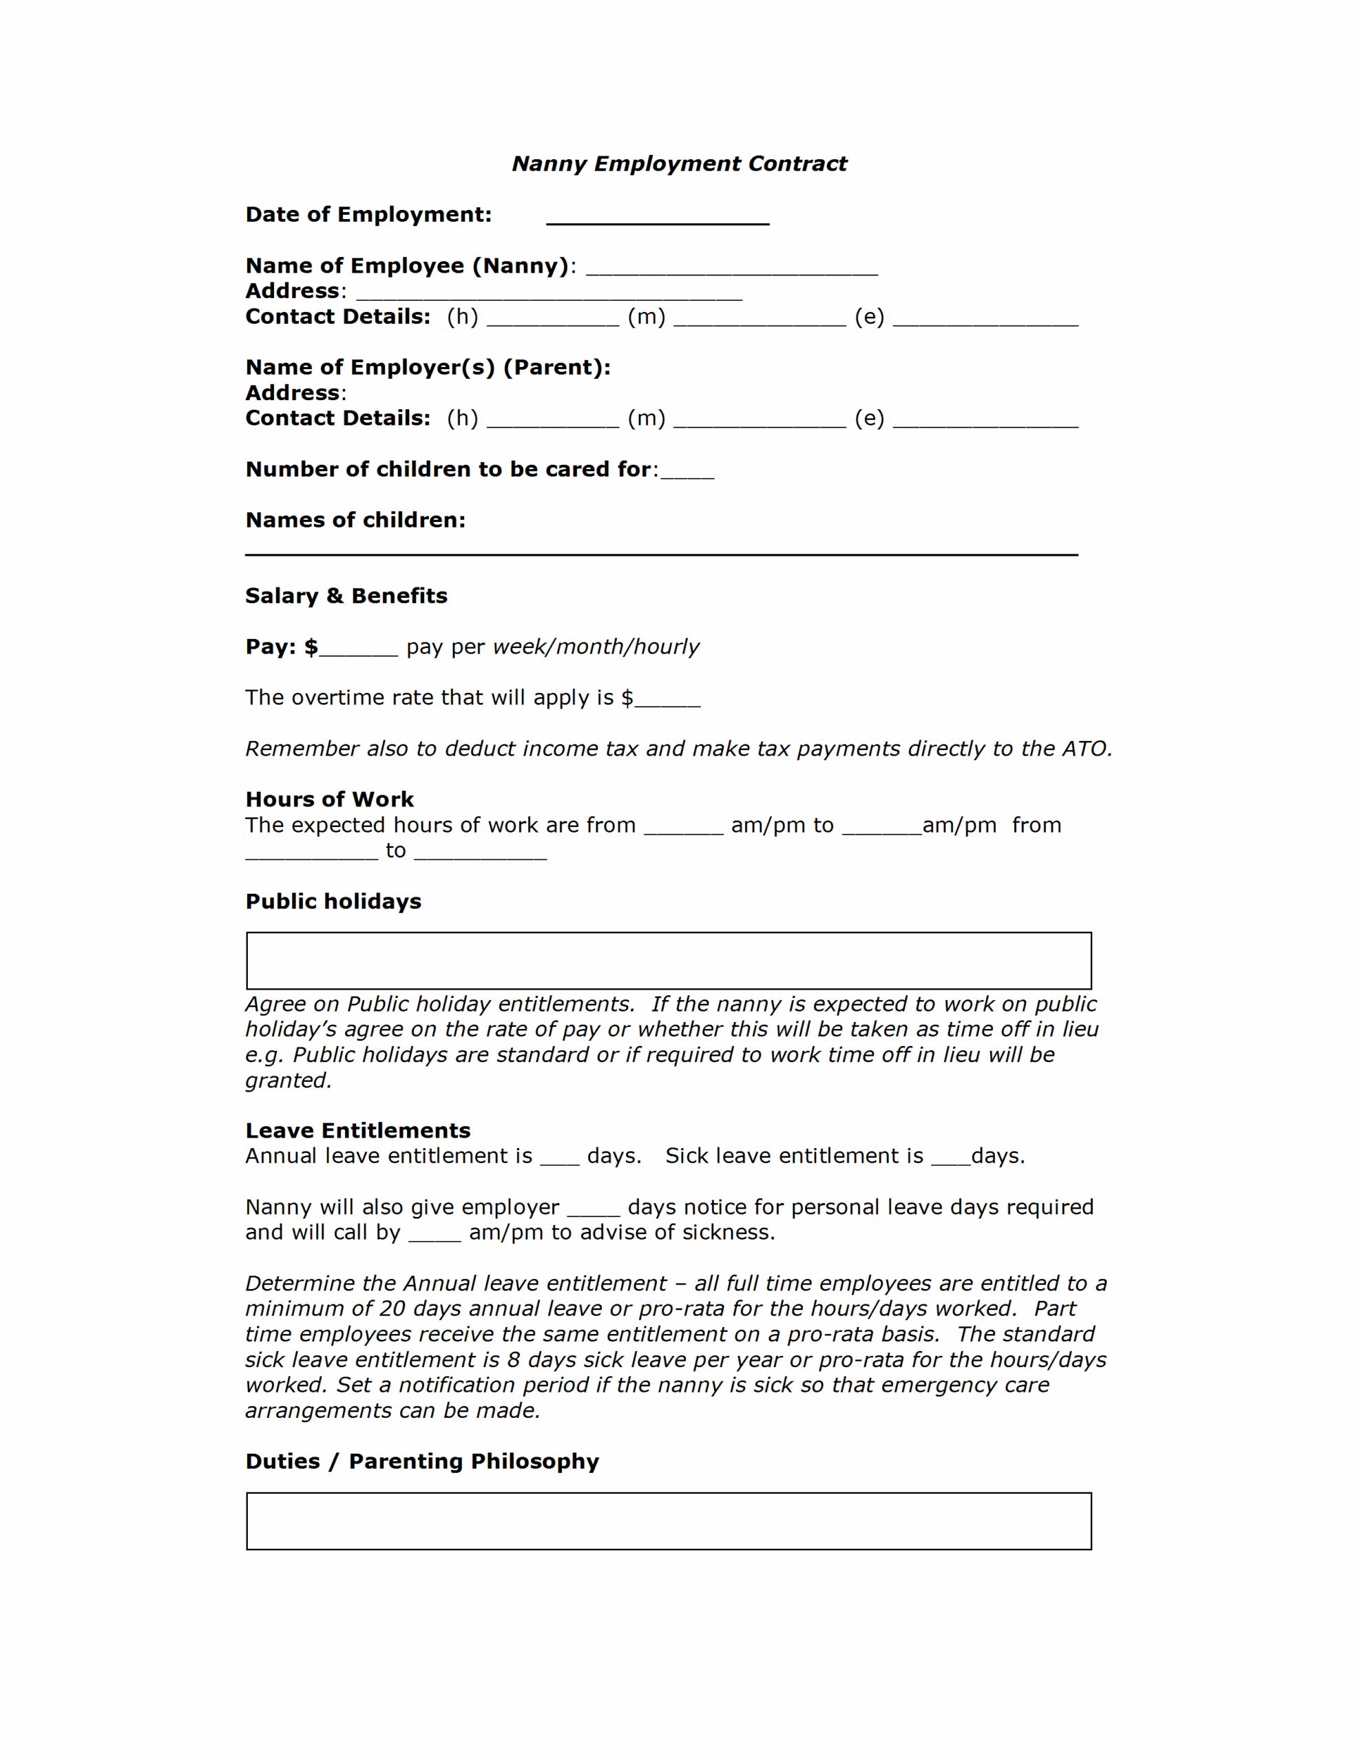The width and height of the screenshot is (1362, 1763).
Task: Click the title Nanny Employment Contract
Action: [x=679, y=164]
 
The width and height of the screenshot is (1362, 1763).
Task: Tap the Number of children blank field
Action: [x=687, y=473]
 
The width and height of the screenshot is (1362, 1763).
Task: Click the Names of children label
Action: [x=355, y=521]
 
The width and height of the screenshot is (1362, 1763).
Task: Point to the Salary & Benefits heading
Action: [x=346, y=596]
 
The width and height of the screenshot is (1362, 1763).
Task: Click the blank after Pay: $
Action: [x=359, y=651]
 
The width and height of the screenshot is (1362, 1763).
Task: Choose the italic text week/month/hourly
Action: [x=596, y=647]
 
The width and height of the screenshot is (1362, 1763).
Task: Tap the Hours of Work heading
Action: [x=329, y=800]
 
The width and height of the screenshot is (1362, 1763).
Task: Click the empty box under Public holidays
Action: [x=669, y=961]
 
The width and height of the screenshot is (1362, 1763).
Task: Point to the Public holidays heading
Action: [x=333, y=901]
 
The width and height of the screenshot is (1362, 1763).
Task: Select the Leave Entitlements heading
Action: [x=357, y=1131]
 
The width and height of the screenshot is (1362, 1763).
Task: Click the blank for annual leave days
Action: [x=560, y=1160]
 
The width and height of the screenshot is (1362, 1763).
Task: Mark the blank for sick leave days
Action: [x=950, y=1160]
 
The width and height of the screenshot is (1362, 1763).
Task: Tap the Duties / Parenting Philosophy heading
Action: [x=422, y=1462]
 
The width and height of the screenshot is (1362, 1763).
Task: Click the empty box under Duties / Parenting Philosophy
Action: [x=669, y=1522]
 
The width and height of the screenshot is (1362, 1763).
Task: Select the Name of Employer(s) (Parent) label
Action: [x=428, y=368]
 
